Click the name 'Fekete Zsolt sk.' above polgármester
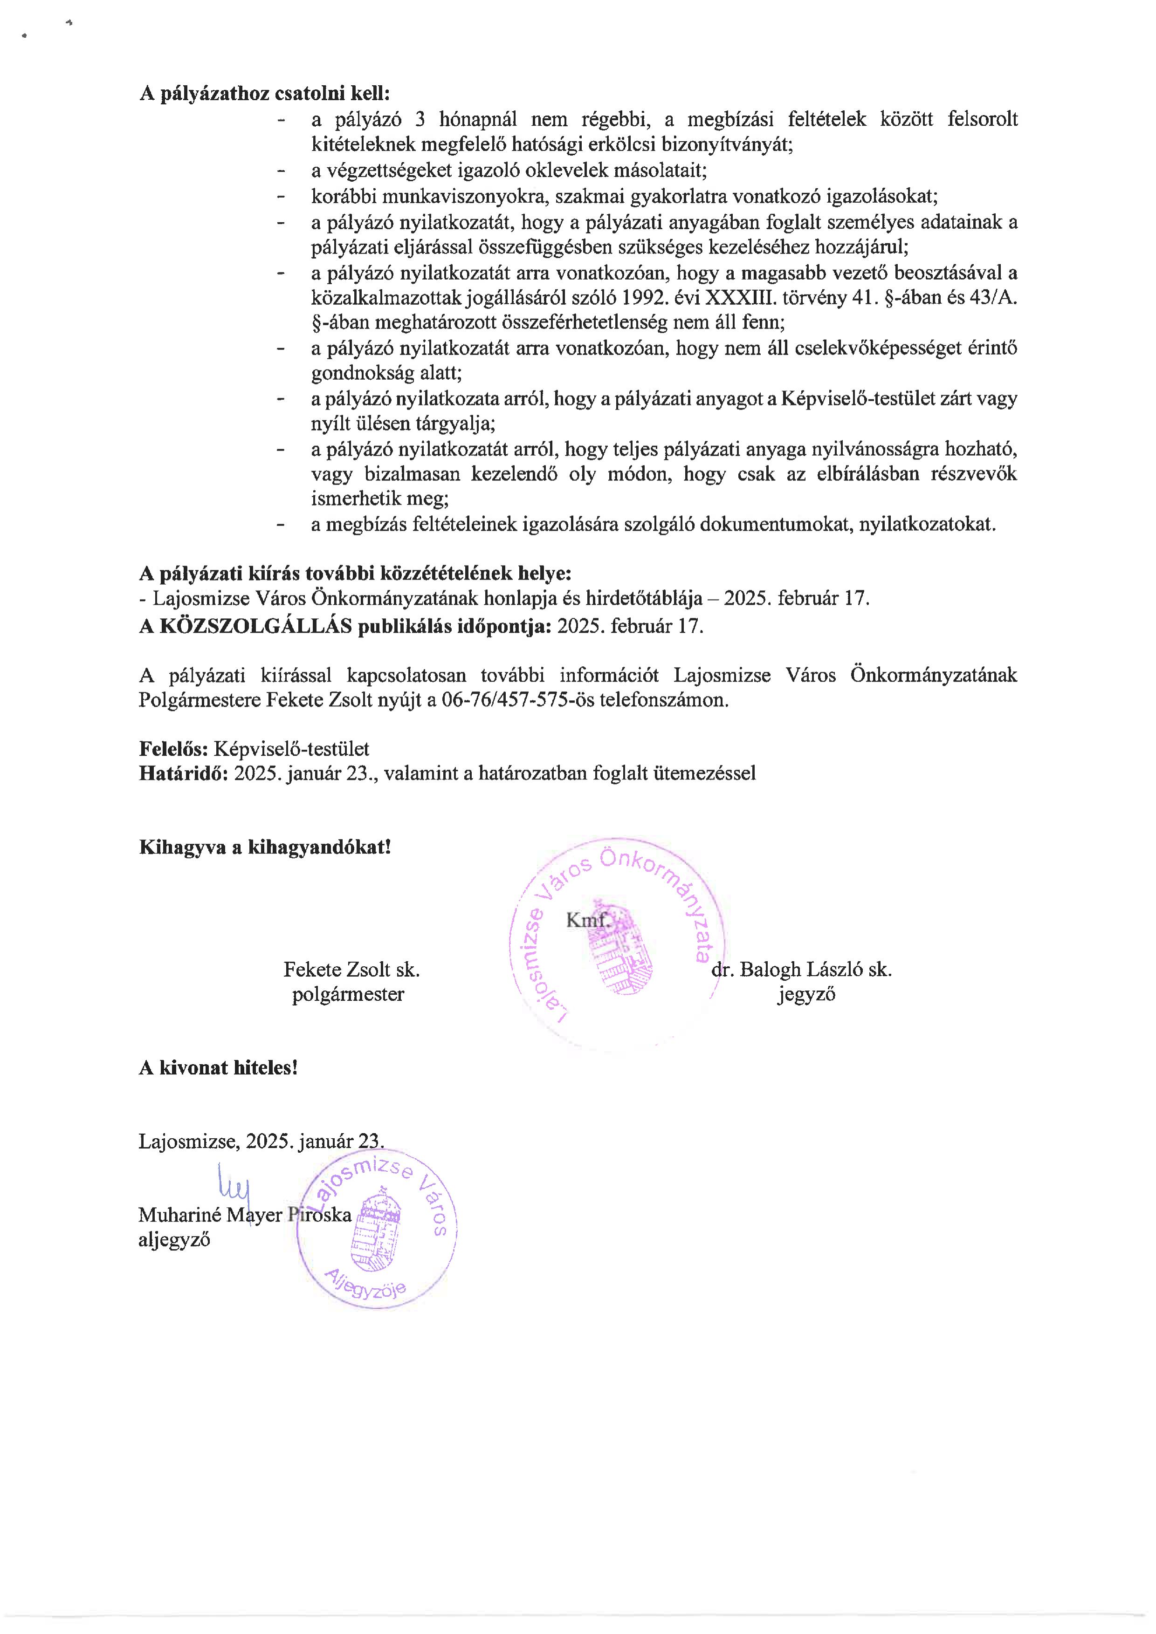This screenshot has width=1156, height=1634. [x=351, y=969]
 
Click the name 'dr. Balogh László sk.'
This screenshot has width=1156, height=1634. [x=802, y=969]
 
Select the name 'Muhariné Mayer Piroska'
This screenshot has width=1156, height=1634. [x=245, y=1214]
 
